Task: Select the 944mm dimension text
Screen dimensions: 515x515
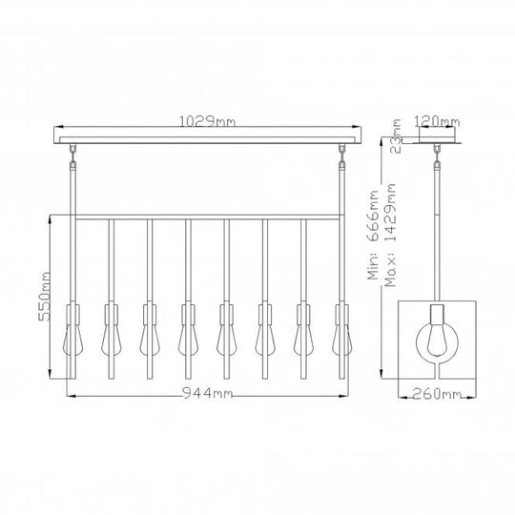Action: click(206, 393)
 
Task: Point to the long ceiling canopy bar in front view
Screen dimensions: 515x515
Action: click(207, 139)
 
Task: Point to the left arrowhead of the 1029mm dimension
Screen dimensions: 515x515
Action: click(54, 128)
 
